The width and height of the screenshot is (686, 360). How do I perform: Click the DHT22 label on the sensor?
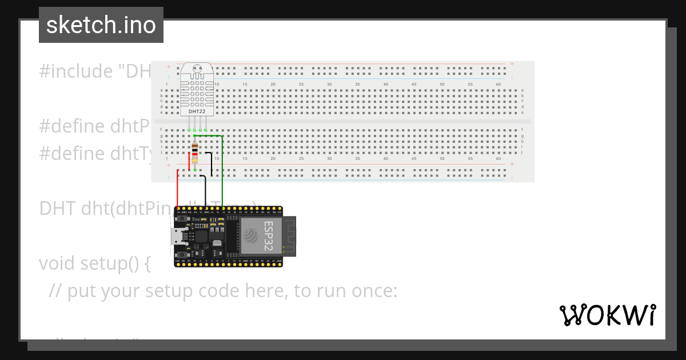(197, 111)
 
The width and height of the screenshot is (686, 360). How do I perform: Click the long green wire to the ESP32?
(222, 171)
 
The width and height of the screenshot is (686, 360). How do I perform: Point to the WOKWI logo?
(607, 315)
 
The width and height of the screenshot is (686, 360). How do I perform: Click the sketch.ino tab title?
(101, 25)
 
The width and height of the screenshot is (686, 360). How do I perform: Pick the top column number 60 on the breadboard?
(498, 85)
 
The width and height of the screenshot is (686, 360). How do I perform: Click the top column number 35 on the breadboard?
(357, 85)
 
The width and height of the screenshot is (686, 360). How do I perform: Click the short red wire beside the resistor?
(189, 157)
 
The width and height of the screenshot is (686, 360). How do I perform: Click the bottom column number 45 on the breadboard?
(414, 158)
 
